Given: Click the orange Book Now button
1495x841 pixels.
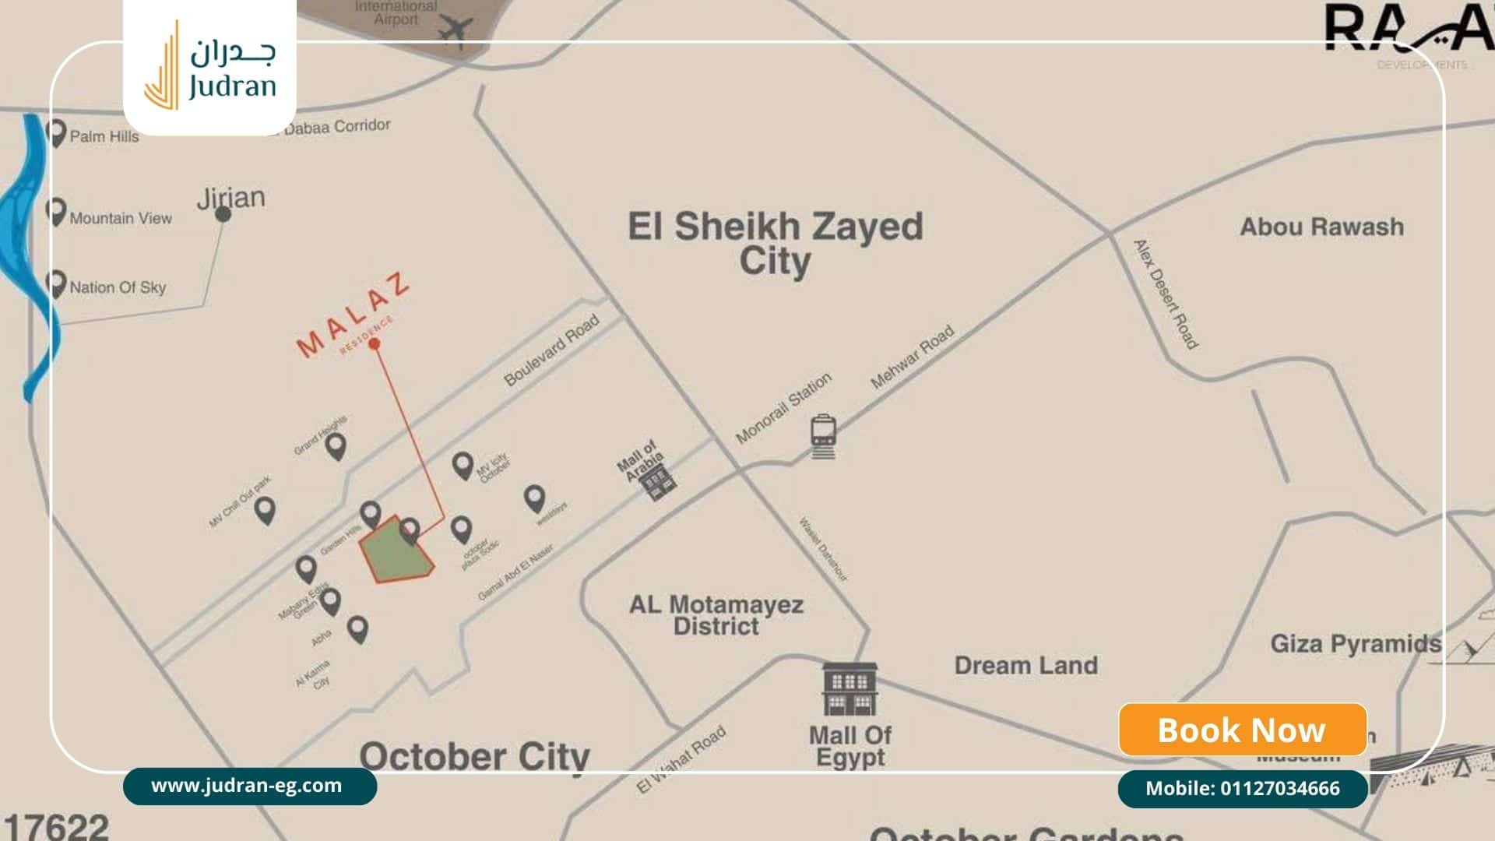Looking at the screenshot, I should (x=1242, y=730).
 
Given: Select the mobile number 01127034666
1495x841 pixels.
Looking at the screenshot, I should (x=1242, y=789).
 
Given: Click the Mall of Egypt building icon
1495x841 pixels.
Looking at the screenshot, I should (x=850, y=689).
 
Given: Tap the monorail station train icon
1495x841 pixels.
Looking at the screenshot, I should (x=823, y=435).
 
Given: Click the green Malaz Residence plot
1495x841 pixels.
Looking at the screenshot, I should (x=396, y=551).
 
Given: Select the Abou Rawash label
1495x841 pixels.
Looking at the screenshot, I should (x=1321, y=227).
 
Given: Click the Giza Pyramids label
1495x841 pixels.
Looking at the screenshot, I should (x=1355, y=644).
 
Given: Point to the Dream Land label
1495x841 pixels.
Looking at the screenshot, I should (x=1025, y=666).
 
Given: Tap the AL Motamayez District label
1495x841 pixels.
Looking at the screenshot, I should (x=716, y=615).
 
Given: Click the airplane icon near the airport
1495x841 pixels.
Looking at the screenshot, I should (x=456, y=30).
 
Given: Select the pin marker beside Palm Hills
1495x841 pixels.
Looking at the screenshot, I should (x=55, y=133).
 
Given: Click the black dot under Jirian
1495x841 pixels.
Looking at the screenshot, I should (x=223, y=214).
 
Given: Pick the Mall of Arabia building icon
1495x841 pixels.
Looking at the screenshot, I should (x=657, y=483).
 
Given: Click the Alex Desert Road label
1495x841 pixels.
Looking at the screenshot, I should (x=1165, y=294).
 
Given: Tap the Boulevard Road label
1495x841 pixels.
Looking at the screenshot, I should (x=551, y=350).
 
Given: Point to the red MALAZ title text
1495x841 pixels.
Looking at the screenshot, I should (x=353, y=315).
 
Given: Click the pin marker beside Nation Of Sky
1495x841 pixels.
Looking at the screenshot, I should (x=55, y=283).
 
